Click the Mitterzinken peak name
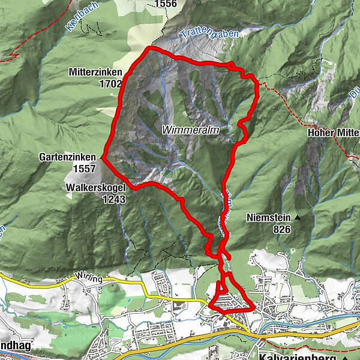click(96, 72)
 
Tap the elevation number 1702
click(111, 84)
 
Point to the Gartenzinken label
click(68, 157)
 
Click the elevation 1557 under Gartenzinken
click(84, 169)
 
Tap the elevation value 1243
click(113, 199)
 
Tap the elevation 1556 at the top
click(166, 4)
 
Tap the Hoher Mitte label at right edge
click(332, 133)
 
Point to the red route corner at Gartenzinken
click(103, 158)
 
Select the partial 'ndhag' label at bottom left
click(15, 347)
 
